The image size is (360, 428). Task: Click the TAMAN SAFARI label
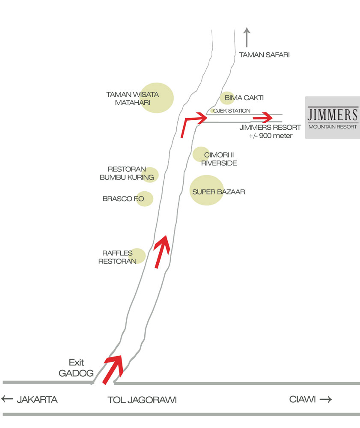tap(265, 55)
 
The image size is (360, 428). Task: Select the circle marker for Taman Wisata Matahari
tap(157, 98)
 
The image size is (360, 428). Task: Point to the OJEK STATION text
tap(232, 111)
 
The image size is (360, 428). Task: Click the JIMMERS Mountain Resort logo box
tap(333, 118)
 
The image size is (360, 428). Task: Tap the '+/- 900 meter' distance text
tap(271, 136)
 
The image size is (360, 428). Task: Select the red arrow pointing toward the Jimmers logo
tap(262, 117)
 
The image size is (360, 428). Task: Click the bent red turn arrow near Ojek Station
tap(191, 122)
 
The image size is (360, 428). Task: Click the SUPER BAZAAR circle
tap(207, 190)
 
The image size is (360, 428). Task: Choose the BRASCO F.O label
tap(122, 199)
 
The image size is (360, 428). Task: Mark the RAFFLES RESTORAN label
tap(117, 257)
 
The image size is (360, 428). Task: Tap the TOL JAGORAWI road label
tap(142, 400)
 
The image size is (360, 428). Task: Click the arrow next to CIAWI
tap(326, 399)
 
